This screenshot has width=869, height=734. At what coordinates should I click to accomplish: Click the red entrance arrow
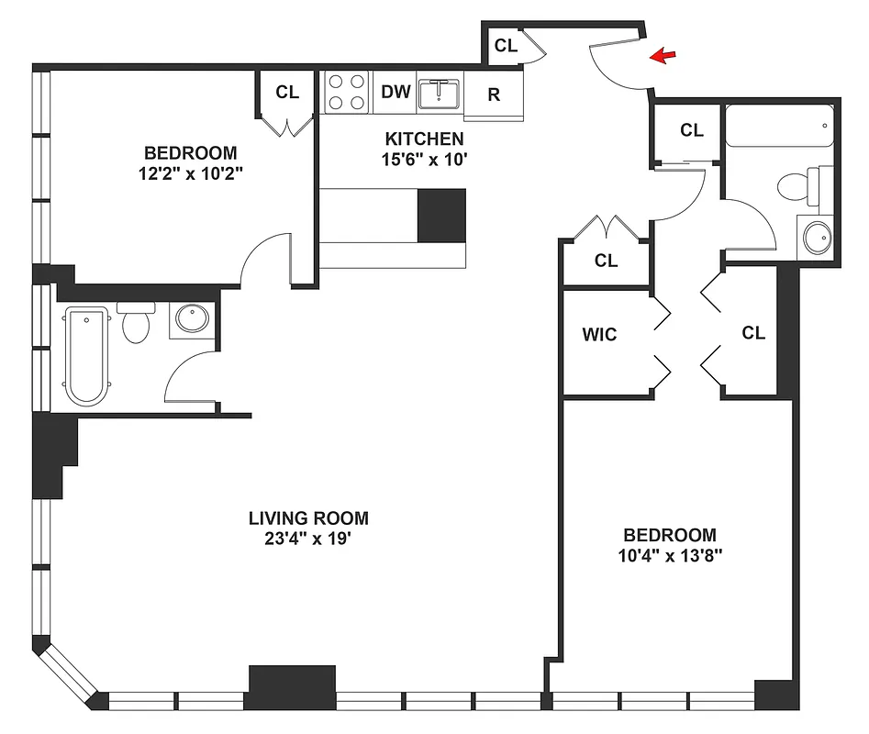(662, 58)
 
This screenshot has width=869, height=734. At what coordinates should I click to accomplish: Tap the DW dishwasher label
(395, 92)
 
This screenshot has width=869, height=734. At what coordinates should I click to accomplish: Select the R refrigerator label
(494, 95)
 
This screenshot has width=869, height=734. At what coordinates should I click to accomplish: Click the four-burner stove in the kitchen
(347, 92)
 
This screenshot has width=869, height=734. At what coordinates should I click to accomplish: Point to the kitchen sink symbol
(440, 93)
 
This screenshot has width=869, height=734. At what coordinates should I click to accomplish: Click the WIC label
(599, 335)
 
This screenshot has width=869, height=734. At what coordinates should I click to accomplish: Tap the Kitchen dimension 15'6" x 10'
(423, 159)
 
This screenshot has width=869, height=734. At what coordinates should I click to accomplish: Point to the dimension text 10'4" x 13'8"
(670, 555)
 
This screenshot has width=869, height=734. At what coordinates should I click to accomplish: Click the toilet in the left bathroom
(135, 324)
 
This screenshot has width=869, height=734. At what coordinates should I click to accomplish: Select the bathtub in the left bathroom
(85, 356)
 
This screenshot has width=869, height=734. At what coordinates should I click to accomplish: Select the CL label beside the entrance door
(506, 45)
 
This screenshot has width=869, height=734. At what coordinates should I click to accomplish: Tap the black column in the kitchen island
(441, 215)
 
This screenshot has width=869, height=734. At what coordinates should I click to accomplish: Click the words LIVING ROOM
(308, 517)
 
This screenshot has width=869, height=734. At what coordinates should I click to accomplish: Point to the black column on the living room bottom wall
(292, 686)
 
